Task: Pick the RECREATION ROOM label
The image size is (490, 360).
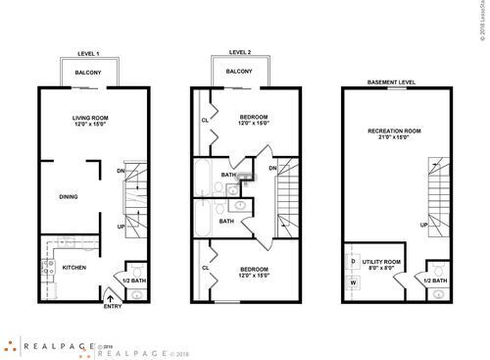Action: pos(393,130)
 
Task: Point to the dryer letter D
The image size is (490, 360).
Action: pos(353,261)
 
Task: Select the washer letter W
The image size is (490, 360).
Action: pos(353,283)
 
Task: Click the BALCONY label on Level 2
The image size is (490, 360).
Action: pos(239,73)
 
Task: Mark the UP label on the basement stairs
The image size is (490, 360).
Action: pos(423,224)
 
